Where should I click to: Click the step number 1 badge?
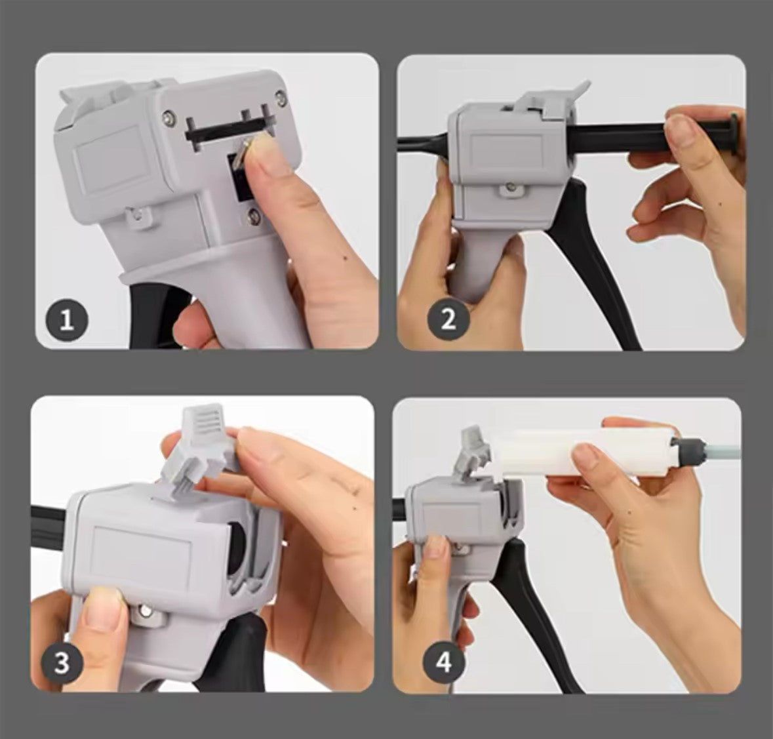click(67, 321)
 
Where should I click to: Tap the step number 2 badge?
click(448, 320)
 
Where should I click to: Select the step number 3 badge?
click(62, 662)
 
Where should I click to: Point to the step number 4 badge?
click(444, 662)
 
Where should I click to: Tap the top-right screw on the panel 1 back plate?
click(281, 98)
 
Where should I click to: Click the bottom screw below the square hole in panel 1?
click(254, 216)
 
